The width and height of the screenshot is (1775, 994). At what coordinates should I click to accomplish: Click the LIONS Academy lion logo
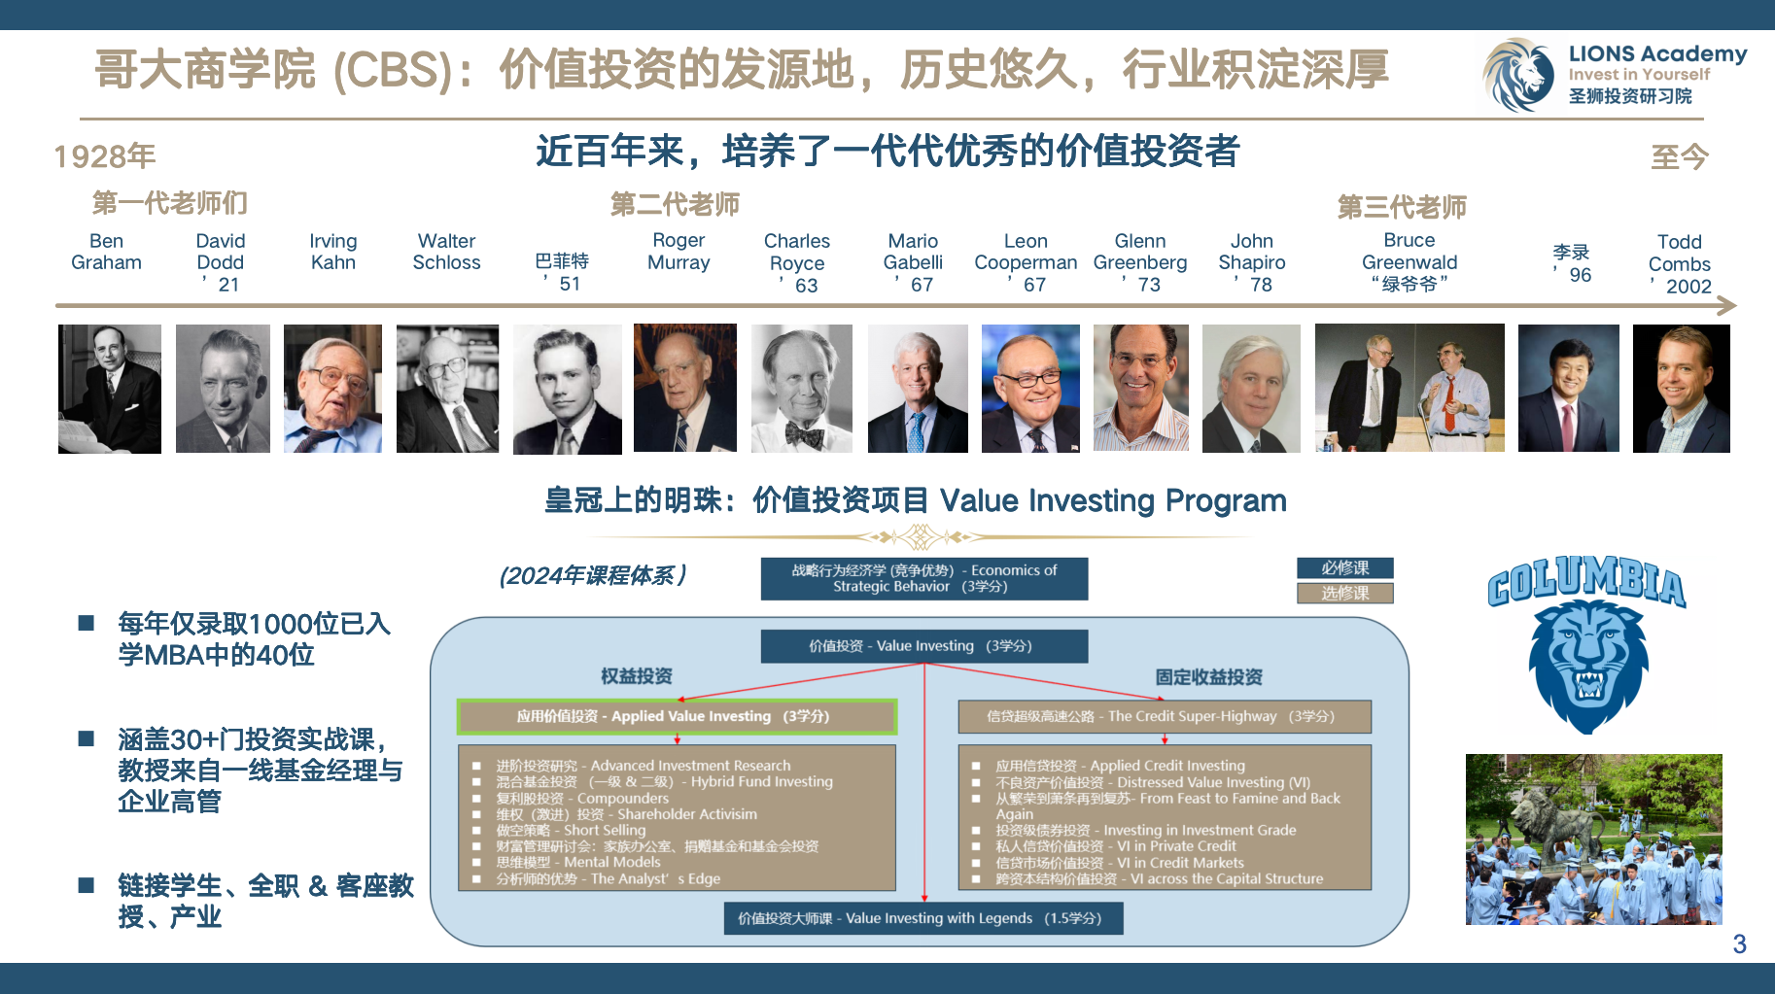click(x=1518, y=75)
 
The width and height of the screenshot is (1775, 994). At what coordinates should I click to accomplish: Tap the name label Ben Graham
click(x=106, y=252)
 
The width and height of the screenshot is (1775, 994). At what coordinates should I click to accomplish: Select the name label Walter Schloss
click(x=446, y=252)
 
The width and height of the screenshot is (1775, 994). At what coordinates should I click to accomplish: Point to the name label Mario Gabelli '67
click(x=913, y=262)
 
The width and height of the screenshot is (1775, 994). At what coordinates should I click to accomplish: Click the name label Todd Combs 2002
click(x=1680, y=263)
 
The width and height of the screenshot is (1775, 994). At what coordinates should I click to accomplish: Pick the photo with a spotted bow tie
click(x=802, y=389)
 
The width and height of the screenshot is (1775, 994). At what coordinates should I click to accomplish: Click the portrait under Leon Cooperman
click(x=1030, y=389)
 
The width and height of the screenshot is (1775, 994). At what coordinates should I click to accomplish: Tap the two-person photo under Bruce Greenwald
click(x=1410, y=388)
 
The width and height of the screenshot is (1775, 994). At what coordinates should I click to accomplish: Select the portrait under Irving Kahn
click(x=332, y=389)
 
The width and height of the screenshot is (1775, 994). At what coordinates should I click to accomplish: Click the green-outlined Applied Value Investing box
click(x=677, y=716)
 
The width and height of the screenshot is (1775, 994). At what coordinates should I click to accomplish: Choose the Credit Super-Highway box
click(x=1165, y=716)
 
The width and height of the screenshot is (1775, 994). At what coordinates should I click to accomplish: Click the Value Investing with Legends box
click(x=923, y=918)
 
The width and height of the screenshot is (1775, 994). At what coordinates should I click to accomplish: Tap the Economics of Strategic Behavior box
click(x=924, y=578)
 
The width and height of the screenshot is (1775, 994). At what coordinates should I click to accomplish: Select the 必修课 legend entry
click(x=1345, y=567)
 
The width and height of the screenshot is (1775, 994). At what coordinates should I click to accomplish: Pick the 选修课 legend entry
click(x=1345, y=593)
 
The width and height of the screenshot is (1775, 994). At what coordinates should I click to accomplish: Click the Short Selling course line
click(x=571, y=830)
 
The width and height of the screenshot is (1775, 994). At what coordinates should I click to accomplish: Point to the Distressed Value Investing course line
click(x=1153, y=782)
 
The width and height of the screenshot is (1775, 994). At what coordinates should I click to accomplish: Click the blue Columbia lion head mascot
click(x=1588, y=665)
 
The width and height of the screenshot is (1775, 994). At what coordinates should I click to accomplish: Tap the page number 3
click(x=1739, y=943)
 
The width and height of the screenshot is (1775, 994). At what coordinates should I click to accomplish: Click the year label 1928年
click(x=105, y=156)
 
